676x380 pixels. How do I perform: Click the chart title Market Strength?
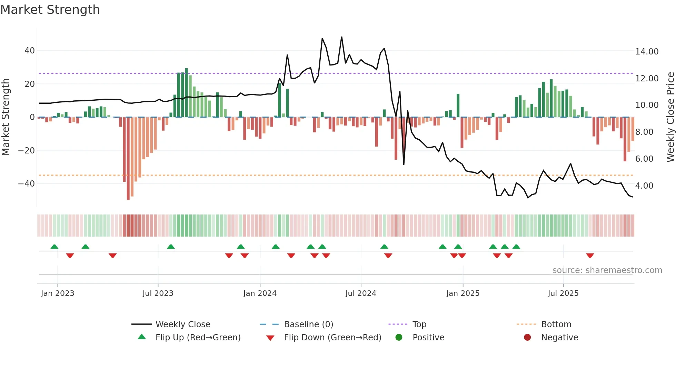coord(50,10)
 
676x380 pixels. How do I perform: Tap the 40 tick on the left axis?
coord(30,51)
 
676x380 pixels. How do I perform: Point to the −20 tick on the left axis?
coord(27,150)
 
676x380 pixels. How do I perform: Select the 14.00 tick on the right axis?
coord(647,52)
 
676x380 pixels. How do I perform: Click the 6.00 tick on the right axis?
coord(644,159)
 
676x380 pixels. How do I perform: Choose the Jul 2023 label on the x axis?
coord(158,293)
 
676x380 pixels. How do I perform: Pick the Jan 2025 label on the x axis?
coord(463,293)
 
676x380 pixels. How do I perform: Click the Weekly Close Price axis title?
coord(670,117)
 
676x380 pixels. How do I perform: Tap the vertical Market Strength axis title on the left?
coord(6,117)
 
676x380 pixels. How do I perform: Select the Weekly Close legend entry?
coord(183,324)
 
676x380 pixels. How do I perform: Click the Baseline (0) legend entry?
coord(308,324)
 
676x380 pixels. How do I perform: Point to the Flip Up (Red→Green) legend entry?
coord(198,338)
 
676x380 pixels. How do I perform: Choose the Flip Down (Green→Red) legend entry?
coord(332,338)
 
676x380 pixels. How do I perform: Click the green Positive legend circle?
coord(399,338)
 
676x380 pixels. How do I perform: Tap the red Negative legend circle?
coord(527,338)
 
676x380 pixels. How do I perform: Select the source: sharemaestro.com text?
coord(607,270)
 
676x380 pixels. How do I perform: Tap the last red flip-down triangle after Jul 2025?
coord(590,256)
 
